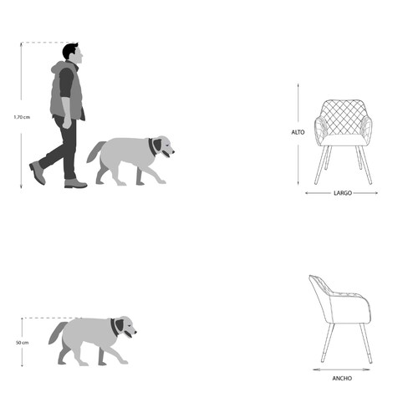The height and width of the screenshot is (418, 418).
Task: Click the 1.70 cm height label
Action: pos(22,117)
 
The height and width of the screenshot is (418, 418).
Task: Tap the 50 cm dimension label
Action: pos(22,343)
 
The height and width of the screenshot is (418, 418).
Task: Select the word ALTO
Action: pos(298,132)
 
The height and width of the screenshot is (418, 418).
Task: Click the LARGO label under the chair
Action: pos(343,193)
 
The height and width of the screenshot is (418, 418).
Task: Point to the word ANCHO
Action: pos(342,378)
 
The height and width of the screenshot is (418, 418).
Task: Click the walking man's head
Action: pos(73,54)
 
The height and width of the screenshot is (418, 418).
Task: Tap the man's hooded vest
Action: pos(67,90)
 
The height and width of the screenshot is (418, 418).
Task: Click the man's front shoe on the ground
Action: pos(75,183)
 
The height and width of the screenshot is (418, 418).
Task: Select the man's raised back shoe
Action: pos(38,172)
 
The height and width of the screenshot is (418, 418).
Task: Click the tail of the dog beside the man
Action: pos(95,151)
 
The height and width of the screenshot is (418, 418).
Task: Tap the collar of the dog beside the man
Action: pos(151,147)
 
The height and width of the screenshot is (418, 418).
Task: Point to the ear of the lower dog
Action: pos(120,325)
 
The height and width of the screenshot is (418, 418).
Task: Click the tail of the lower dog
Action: pos(58,333)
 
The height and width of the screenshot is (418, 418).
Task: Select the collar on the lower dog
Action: pos(114,328)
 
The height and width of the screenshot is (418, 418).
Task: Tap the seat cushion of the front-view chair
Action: pos(343,140)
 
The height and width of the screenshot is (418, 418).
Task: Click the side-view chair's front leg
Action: pos(365,344)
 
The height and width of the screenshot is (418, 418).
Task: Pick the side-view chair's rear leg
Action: pos(327,343)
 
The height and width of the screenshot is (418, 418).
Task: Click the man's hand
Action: pos(67,123)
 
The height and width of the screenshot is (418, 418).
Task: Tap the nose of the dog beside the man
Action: pos(173,152)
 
